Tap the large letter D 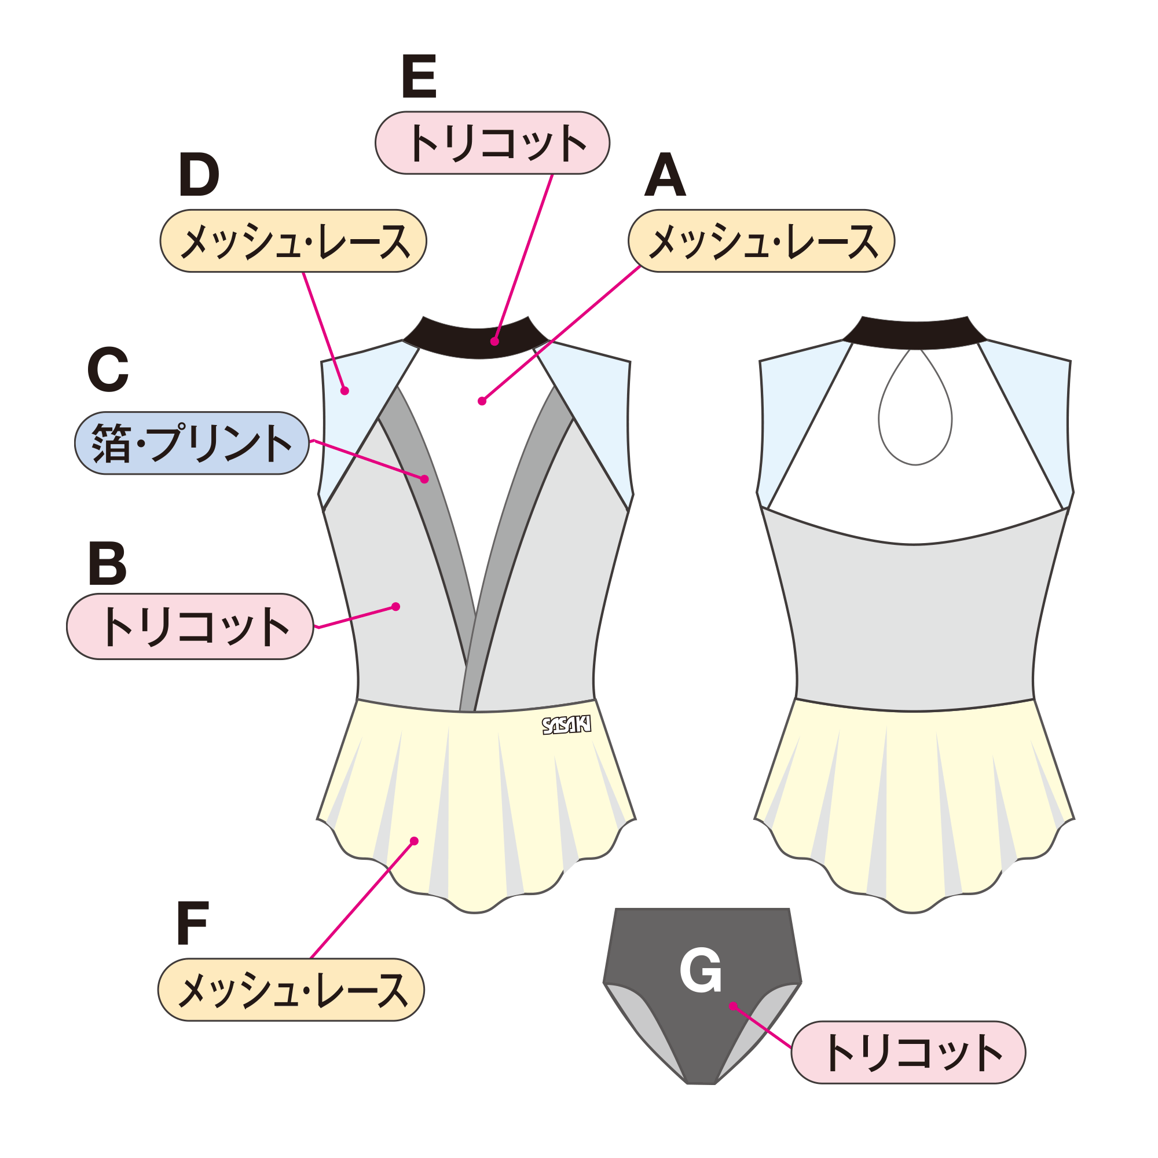coord(199,174)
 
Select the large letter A coord(665,174)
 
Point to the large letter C coord(108,369)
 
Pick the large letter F coord(192,923)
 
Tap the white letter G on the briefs coord(700,970)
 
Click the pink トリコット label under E coord(492,143)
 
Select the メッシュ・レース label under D coord(293,241)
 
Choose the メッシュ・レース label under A coord(761,241)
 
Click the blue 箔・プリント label coord(192,444)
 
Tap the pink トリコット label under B coord(190,627)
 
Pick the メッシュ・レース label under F coord(291,990)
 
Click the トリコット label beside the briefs coord(908,1053)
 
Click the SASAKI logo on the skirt coord(566,725)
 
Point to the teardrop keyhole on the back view coord(915,413)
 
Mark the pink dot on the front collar coord(494,342)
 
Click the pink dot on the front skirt coord(414,841)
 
